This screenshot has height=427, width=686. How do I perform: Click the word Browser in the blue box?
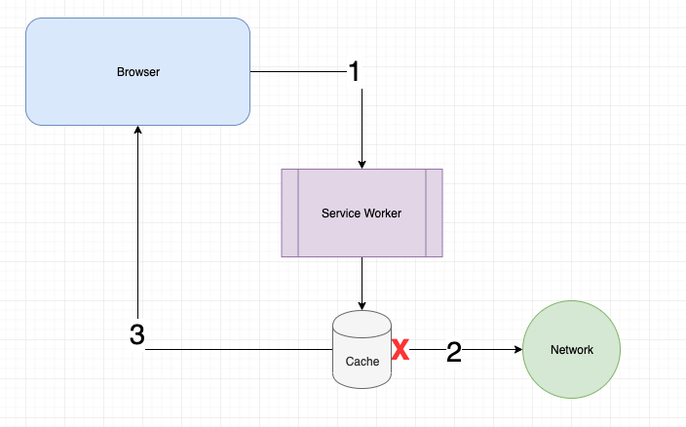138,72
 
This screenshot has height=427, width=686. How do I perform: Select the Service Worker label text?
362,213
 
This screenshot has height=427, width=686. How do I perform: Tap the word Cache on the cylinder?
362,361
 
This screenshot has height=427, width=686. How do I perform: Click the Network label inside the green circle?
571,350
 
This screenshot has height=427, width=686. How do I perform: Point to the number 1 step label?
355,71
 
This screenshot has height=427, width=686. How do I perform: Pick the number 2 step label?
453,352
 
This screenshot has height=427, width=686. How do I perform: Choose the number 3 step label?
137,335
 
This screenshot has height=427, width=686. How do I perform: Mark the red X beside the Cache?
400,350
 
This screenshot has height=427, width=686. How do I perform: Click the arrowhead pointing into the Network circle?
517,350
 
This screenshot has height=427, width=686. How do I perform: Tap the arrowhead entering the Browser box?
138,131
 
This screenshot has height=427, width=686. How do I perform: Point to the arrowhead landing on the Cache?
362,305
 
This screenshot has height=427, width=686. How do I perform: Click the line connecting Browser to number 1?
297,71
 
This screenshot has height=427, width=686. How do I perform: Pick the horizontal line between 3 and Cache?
239,350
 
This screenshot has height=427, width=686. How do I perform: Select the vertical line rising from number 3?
138,224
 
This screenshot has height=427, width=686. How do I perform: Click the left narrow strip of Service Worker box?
289,213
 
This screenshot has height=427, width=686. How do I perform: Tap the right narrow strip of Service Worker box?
434,213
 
